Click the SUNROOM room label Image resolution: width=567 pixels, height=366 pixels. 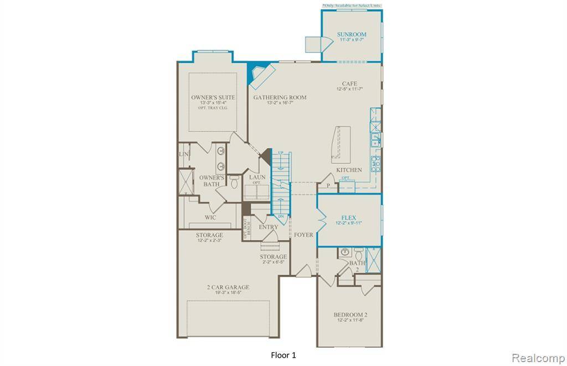pyautogui.click(x=352, y=34)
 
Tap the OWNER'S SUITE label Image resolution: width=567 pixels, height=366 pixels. pyautogui.click(x=213, y=97)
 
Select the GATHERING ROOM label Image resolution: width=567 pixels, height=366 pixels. pyautogui.click(x=280, y=97)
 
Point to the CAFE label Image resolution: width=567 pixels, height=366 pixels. pyautogui.click(x=349, y=84)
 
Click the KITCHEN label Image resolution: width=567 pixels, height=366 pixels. pyautogui.click(x=349, y=170)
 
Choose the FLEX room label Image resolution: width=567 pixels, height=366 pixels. pyautogui.click(x=348, y=217)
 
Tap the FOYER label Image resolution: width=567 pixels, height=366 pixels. pyautogui.click(x=303, y=235)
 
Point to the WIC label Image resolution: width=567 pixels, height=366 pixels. pyautogui.click(x=210, y=217)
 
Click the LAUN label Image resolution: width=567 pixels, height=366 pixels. pyautogui.click(x=257, y=177)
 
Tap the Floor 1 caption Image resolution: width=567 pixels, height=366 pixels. pyautogui.click(x=283, y=354)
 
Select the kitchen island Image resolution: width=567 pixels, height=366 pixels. pyautogui.click(x=339, y=143)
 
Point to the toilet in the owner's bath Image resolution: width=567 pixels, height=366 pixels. pyautogui.click(x=234, y=181)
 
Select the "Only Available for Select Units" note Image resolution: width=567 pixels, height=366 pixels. pyautogui.click(x=352, y=6)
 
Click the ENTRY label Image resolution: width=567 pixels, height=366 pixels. pyautogui.click(x=269, y=227)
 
